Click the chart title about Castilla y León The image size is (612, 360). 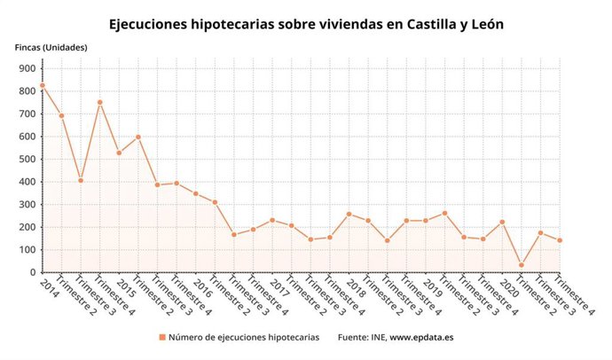click(306, 24)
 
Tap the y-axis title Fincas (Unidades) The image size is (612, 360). click(51, 47)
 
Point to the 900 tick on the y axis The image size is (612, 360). click(26, 68)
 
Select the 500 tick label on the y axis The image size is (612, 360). click(26, 160)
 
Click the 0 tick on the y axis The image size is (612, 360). click(31, 272)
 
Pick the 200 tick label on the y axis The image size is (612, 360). click(26, 227)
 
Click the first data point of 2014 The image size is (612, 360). click(43, 85)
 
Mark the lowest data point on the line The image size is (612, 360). click(522, 265)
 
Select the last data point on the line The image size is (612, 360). click(560, 240)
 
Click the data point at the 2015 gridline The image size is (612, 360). click(119, 153)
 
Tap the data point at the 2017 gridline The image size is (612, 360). click(272, 220)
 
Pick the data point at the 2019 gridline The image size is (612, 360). click(426, 221)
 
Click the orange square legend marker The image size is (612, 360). click(162, 337)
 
